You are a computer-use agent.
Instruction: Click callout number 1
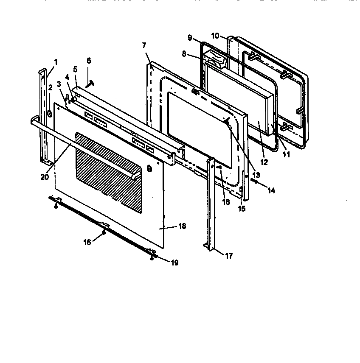(55, 61)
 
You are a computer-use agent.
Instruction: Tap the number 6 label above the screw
(89, 61)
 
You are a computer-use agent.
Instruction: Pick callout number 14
(271, 191)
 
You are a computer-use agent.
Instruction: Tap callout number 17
(228, 256)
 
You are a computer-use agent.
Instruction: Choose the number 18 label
(182, 226)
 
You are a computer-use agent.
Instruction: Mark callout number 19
(174, 263)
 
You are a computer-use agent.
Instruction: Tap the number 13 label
(256, 175)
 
